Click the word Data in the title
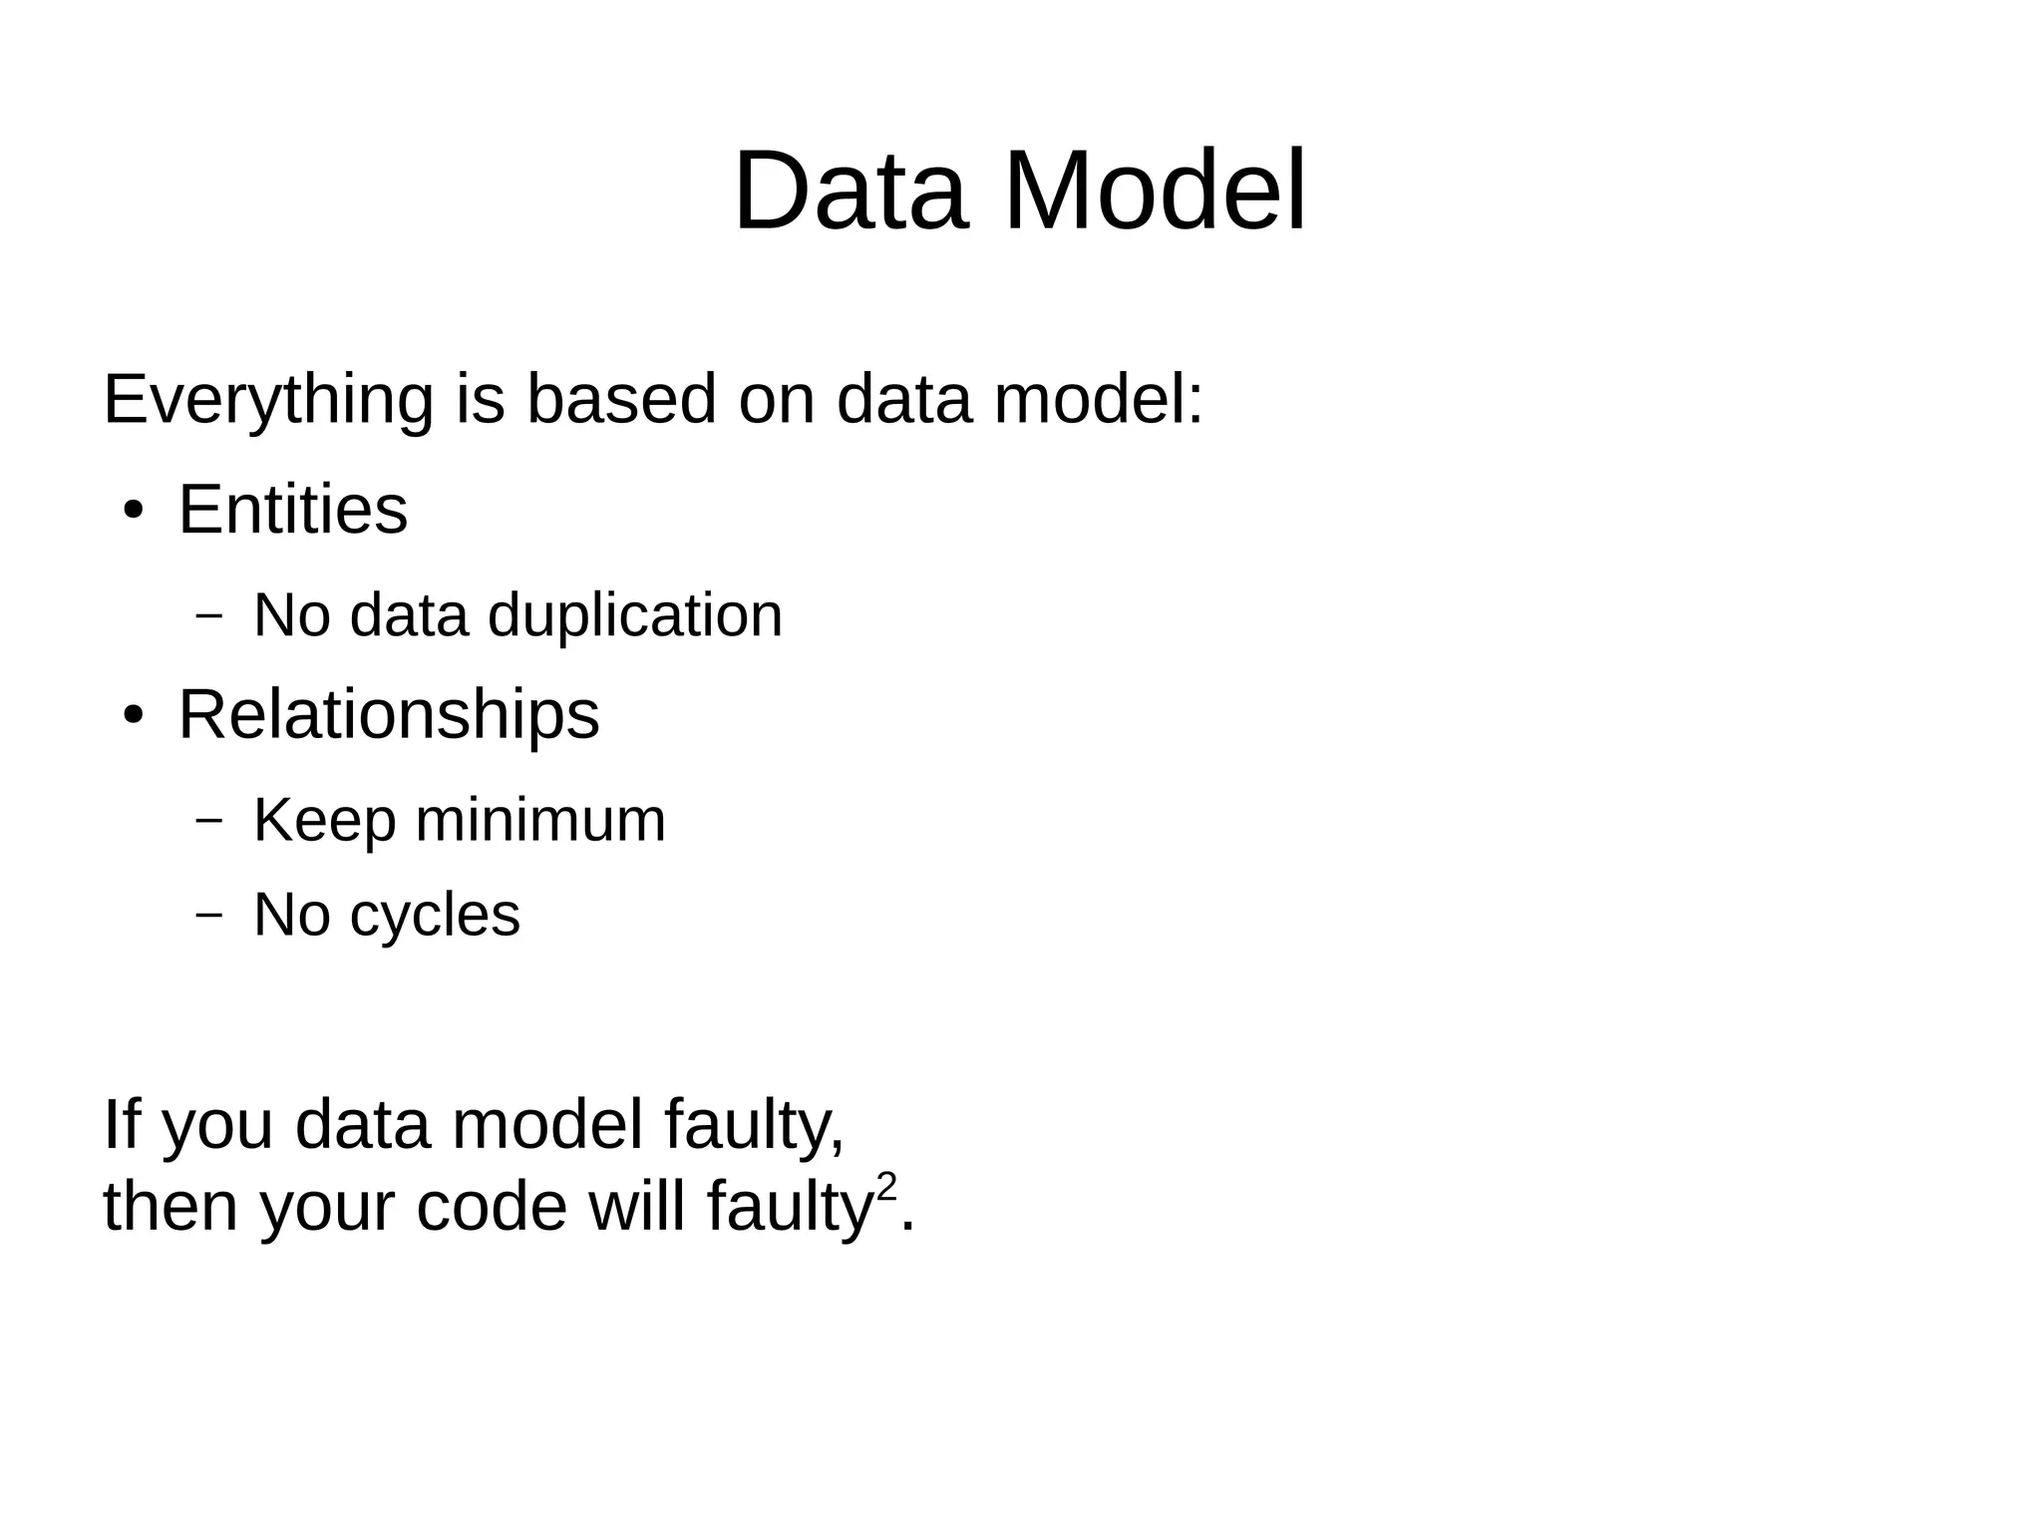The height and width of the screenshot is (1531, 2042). click(x=851, y=191)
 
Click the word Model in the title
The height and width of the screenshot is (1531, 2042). click(x=1155, y=191)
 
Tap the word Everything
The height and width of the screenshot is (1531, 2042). click(x=268, y=400)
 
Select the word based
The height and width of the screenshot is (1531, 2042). click(x=621, y=399)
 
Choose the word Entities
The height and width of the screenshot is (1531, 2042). click(x=293, y=510)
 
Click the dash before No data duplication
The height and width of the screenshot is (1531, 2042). click(x=208, y=616)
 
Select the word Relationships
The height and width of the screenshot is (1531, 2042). click(x=389, y=714)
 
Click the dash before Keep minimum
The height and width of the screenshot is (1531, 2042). click(x=208, y=821)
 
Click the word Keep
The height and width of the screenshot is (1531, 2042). click(x=324, y=822)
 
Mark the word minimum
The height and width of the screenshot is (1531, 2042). click(x=540, y=821)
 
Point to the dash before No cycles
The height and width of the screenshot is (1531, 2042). click(x=208, y=916)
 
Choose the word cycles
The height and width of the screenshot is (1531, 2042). click(x=435, y=916)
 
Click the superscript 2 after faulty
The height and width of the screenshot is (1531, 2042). click(x=885, y=1186)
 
